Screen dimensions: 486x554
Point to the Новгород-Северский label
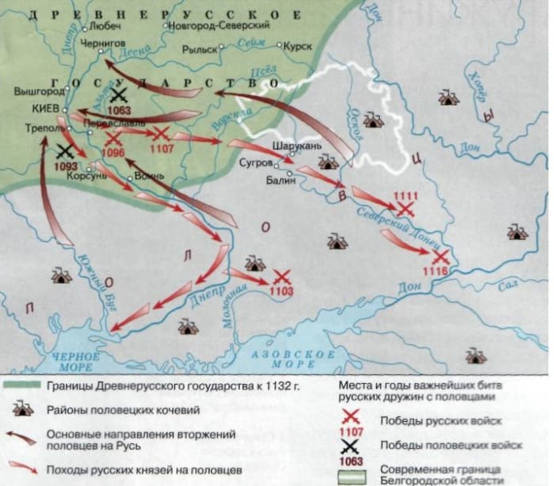214,26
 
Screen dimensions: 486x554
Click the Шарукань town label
300,146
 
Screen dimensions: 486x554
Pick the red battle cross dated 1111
405,208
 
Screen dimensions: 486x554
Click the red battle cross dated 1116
441,257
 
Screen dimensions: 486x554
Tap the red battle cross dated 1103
282,277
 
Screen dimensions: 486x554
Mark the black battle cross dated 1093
66,151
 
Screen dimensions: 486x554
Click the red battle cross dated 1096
113,139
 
